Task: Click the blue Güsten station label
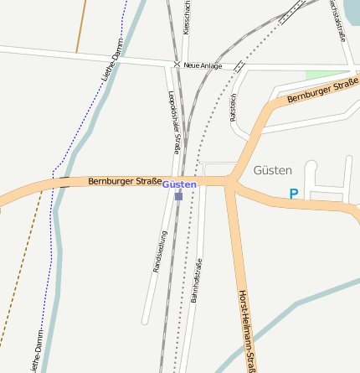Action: tap(179, 184)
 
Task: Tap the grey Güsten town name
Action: tap(272, 170)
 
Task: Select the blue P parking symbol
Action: tap(293, 194)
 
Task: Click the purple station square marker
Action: tap(178, 196)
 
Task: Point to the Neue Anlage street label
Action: tap(203, 65)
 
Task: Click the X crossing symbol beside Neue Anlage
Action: tap(177, 65)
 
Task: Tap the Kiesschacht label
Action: tap(187, 17)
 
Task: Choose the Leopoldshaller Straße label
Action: tap(174, 122)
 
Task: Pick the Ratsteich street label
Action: tap(233, 107)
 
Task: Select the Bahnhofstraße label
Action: tap(197, 280)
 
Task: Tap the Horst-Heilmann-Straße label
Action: tap(246, 331)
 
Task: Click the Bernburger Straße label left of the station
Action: tap(125, 181)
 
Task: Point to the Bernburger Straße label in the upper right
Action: tap(322, 91)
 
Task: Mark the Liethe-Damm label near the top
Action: tap(111, 60)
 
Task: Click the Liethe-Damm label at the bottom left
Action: tap(36, 352)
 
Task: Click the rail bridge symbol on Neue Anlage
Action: tap(240, 65)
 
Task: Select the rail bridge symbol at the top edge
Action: tap(292, 11)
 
